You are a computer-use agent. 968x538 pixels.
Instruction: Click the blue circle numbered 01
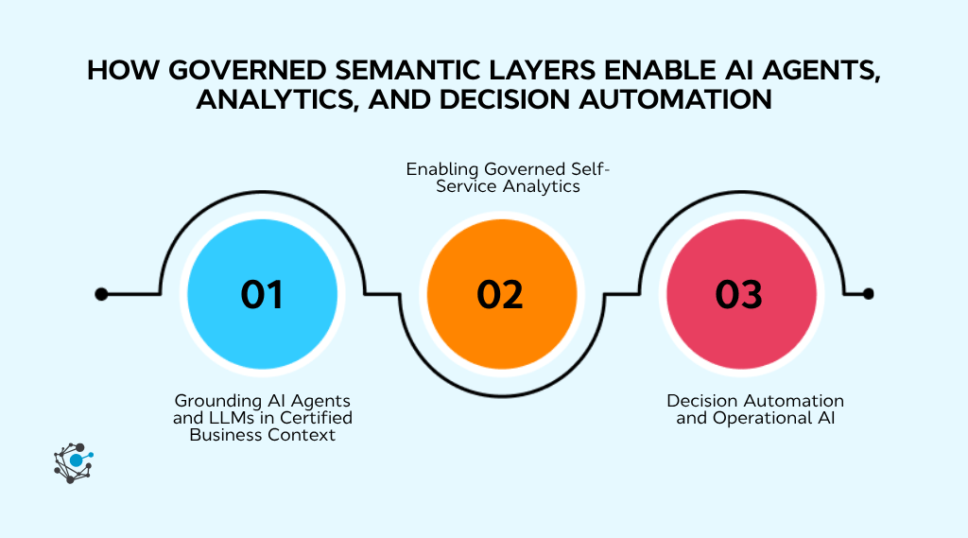262,294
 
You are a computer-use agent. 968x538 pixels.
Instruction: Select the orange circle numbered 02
501,294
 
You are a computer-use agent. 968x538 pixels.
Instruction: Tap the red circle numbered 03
740,294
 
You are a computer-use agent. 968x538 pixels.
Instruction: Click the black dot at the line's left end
101,294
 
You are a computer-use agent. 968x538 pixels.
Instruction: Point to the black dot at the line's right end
868,294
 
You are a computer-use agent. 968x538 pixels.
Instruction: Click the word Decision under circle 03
702,401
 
